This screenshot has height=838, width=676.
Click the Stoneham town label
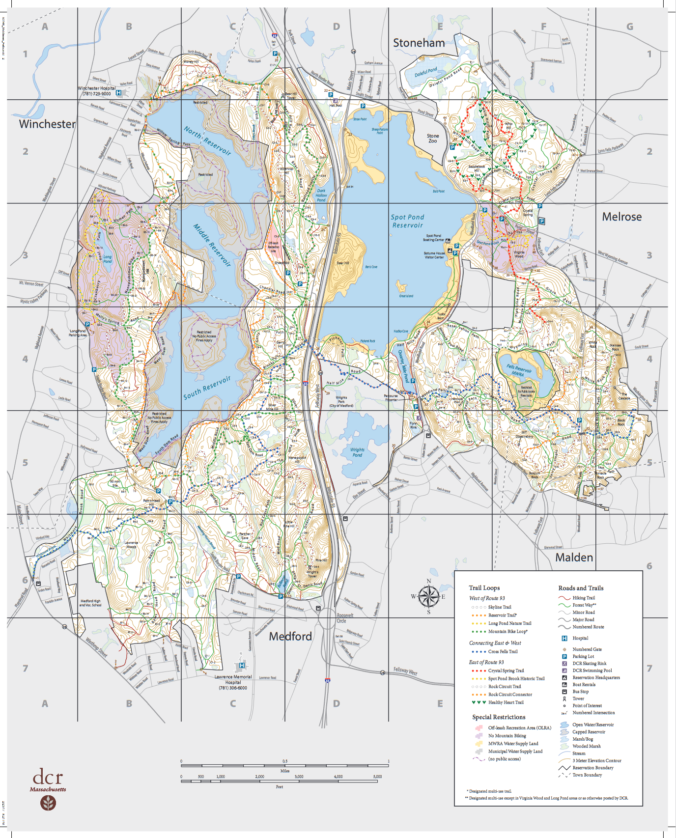click(x=419, y=43)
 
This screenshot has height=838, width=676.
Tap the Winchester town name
click(x=47, y=124)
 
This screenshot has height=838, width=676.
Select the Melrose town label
click(x=621, y=217)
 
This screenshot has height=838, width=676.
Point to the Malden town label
click(x=574, y=558)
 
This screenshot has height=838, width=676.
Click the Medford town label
click(x=290, y=637)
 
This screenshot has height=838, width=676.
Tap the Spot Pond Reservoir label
click(x=407, y=221)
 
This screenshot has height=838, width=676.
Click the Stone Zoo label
click(x=433, y=139)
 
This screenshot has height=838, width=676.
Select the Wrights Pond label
click(x=357, y=452)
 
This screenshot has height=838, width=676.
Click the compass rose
click(x=428, y=597)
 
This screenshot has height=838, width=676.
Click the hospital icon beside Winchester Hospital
click(x=119, y=93)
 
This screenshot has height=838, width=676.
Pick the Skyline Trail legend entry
click(x=499, y=607)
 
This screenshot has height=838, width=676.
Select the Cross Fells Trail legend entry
click(x=503, y=652)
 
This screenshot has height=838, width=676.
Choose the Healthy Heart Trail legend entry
click(x=506, y=702)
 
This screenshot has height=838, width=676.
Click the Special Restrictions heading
click(x=499, y=717)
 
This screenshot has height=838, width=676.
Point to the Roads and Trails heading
click(x=581, y=588)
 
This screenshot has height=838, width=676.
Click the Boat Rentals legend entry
click(x=584, y=684)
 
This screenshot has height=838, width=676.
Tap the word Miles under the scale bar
click(x=285, y=771)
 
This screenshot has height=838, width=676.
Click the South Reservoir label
click(x=207, y=388)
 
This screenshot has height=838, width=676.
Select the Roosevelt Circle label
click(x=344, y=618)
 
